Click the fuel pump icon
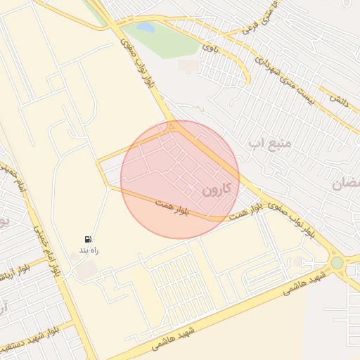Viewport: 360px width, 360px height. click(x=88, y=240)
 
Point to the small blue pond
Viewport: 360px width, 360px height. click(x=146, y=27)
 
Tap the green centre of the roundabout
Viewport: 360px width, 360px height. click(x=337, y=263)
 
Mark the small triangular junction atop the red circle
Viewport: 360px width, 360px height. click(x=171, y=127)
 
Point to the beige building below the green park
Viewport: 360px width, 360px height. click(x=188, y=65)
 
